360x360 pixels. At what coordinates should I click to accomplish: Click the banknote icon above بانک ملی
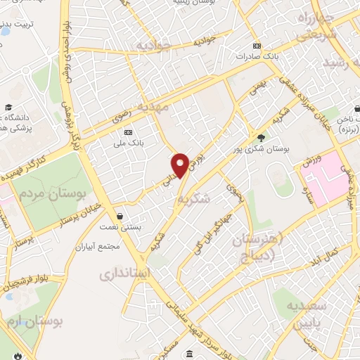[127, 132]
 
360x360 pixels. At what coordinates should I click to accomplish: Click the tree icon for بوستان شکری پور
[262, 138]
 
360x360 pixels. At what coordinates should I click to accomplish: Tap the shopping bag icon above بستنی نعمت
[122, 216]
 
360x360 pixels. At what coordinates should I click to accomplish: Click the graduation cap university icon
[8, 108]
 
